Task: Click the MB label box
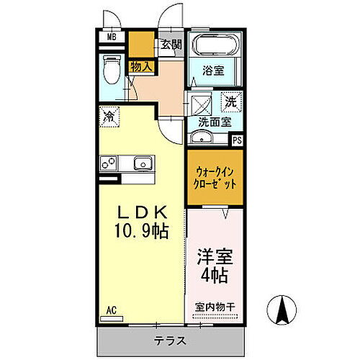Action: (112, 37)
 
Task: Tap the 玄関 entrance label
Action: (171, 45)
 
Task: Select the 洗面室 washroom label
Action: (215, 122)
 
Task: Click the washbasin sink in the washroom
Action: (201, 138)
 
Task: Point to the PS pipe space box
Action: (236, 140)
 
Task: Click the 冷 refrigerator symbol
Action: (109, 115)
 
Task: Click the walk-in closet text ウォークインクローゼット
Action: (215, 178)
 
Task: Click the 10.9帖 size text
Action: (143, 231)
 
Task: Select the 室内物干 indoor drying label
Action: (215, 307)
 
